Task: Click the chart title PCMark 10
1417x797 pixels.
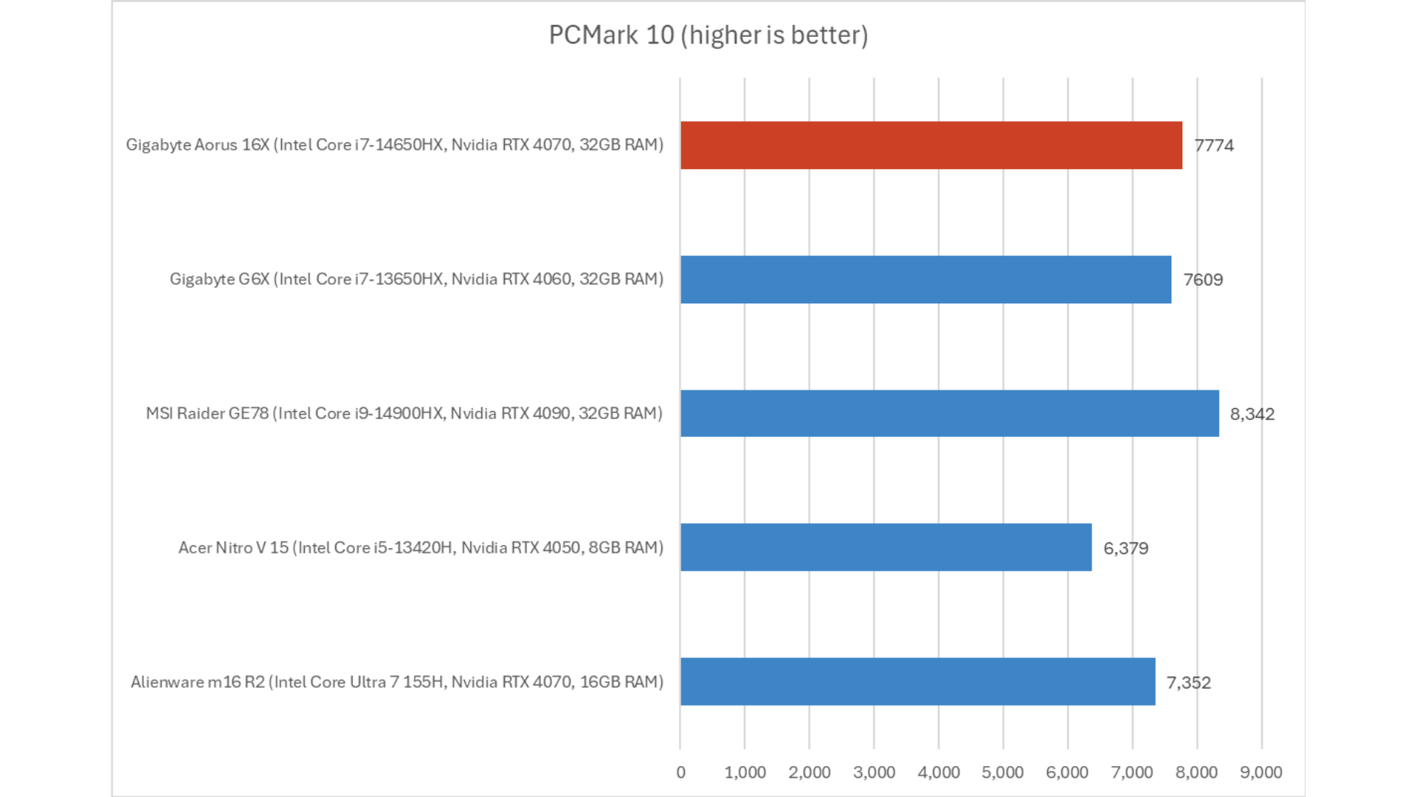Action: (x=708, y=35)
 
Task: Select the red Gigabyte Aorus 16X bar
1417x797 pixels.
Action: (x=931, y=145)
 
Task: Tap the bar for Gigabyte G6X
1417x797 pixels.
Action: (x=925, y=280)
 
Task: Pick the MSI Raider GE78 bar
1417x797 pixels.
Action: (x=949, y=413)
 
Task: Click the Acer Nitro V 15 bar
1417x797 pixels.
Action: (x=886, y=548)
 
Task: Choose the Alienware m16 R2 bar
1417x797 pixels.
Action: (x=917, y=682)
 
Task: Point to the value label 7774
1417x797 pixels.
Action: (x=1214, y=145)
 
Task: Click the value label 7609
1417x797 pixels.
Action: (x=1203, y=280)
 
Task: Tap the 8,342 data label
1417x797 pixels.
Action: (x=1252, y=414)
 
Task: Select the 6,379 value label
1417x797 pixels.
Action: (x=1125, y=548)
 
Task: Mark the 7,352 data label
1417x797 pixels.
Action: (x=1188, y=683)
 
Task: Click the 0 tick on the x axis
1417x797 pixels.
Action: (x=680, y=773)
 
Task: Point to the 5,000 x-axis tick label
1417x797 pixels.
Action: (x=1002, y=773)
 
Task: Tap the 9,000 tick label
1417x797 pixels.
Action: (x=1261, y=773)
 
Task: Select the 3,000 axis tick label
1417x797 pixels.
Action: (x=874, y=773)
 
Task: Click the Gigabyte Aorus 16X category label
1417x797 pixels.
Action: (x=394, y=145)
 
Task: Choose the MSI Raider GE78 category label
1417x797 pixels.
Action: (x=404, y=413)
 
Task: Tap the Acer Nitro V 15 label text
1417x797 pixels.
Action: (x=421, y=548)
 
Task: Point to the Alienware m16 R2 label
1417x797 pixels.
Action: (x=396, y=682)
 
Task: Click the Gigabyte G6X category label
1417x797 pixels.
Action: (x=416, y=279)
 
